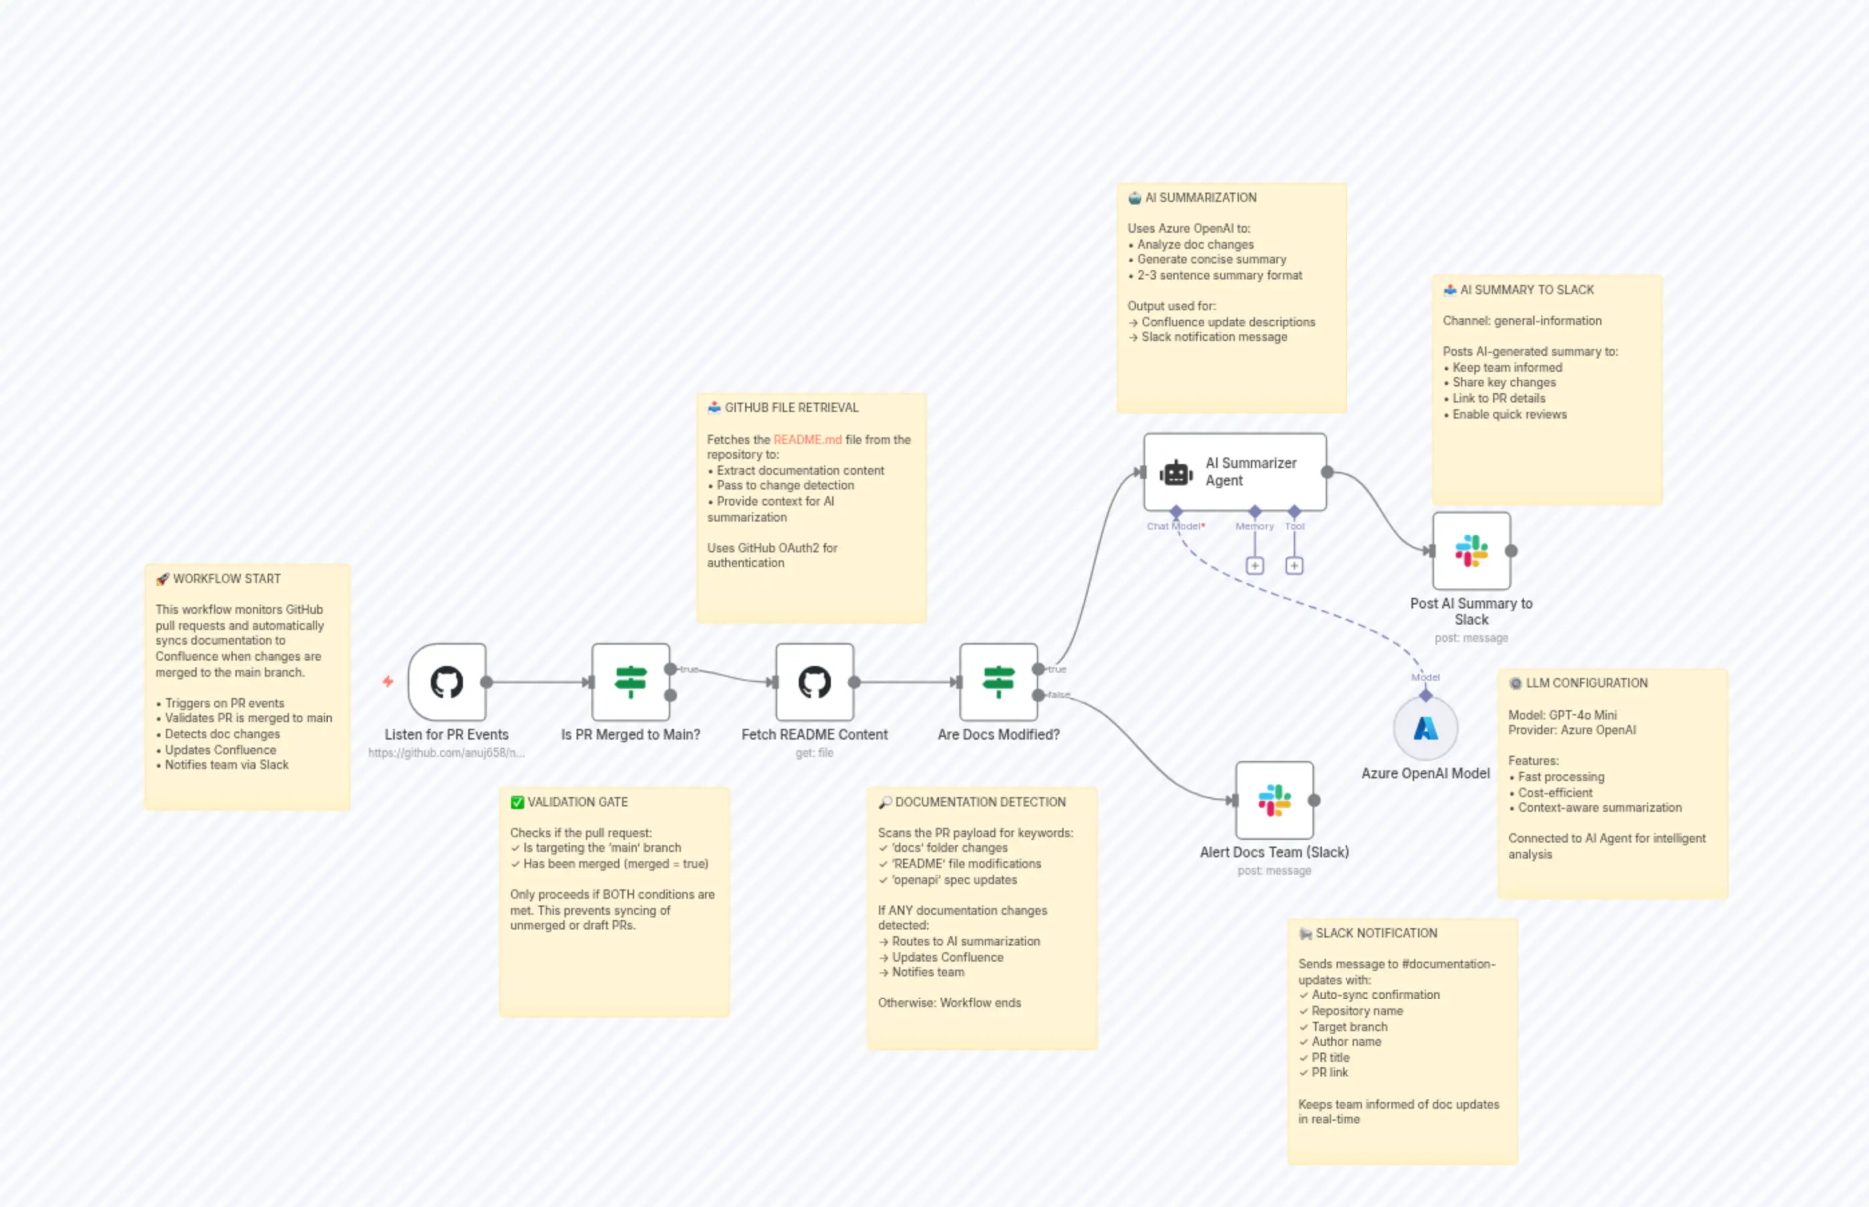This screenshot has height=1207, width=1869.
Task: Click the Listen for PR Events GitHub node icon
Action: point(447,682)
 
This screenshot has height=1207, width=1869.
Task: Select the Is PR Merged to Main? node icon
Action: point(630,682)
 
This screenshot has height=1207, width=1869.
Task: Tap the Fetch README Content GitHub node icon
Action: point(815,682)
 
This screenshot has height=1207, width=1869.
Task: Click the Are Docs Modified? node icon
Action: point(998,682)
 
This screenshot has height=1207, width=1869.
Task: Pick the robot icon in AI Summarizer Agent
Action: point(1176,473)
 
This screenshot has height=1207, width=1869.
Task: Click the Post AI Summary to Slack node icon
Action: point(1471,551)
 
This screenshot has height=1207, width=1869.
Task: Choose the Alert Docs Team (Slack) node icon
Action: point(1274,800)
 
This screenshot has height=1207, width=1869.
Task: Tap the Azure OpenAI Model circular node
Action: point(1425,728)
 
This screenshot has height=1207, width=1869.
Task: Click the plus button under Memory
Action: point(1255,566)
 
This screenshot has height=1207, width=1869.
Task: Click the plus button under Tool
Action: point(1294,566)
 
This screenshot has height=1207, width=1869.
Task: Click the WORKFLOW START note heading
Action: point(226,578)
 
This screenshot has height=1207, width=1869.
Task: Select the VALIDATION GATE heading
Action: point(577,802)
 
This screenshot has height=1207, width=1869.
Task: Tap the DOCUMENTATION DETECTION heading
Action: point(980,802)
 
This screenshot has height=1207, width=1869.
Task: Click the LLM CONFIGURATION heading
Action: point(1586,683)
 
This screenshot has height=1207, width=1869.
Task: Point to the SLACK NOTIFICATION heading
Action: point(1376,933)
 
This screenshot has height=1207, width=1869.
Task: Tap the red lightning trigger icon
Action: point(388,681)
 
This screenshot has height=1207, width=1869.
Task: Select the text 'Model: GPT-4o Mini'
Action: point(1562,715)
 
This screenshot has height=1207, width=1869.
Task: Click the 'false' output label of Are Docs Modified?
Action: point(1058,694)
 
